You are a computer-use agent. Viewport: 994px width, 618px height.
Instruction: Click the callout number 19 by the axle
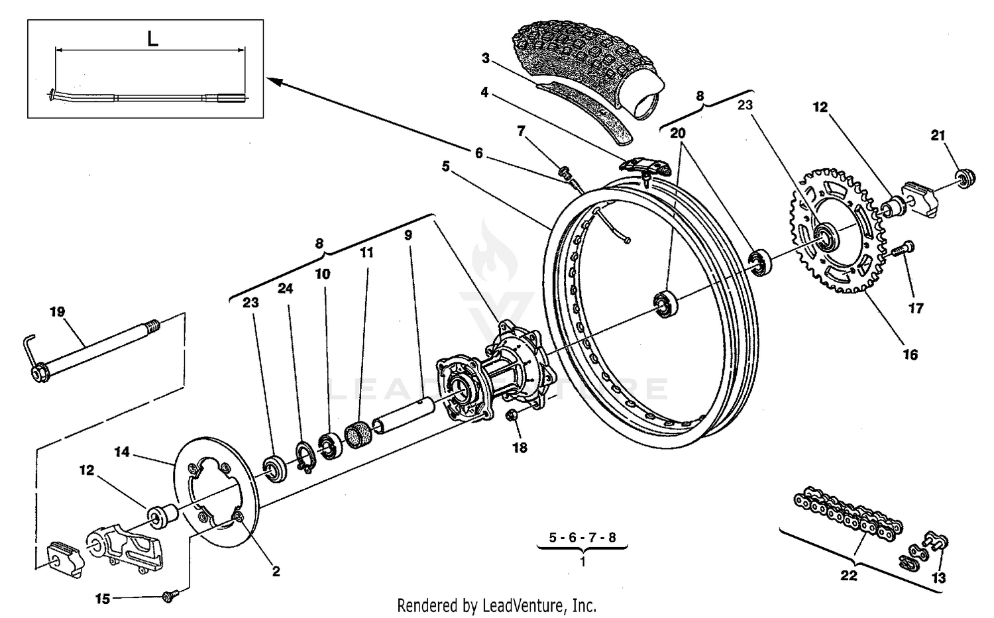(x=57, y=311)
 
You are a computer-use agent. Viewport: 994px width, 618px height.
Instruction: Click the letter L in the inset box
(x=152, y=39)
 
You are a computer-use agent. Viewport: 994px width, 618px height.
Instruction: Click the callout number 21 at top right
(x=938, y=135)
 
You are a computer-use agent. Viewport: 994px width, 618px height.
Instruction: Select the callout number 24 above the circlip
(x=285, y=289)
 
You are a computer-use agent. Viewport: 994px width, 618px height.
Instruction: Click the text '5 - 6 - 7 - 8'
(x=582, y=538)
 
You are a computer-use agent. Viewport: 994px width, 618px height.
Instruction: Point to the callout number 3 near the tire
(x=485, y=58)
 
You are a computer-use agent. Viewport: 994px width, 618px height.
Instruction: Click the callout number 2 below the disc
(x=276, y=571)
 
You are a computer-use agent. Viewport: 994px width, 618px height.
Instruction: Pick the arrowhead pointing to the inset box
(x=275, y=81)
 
